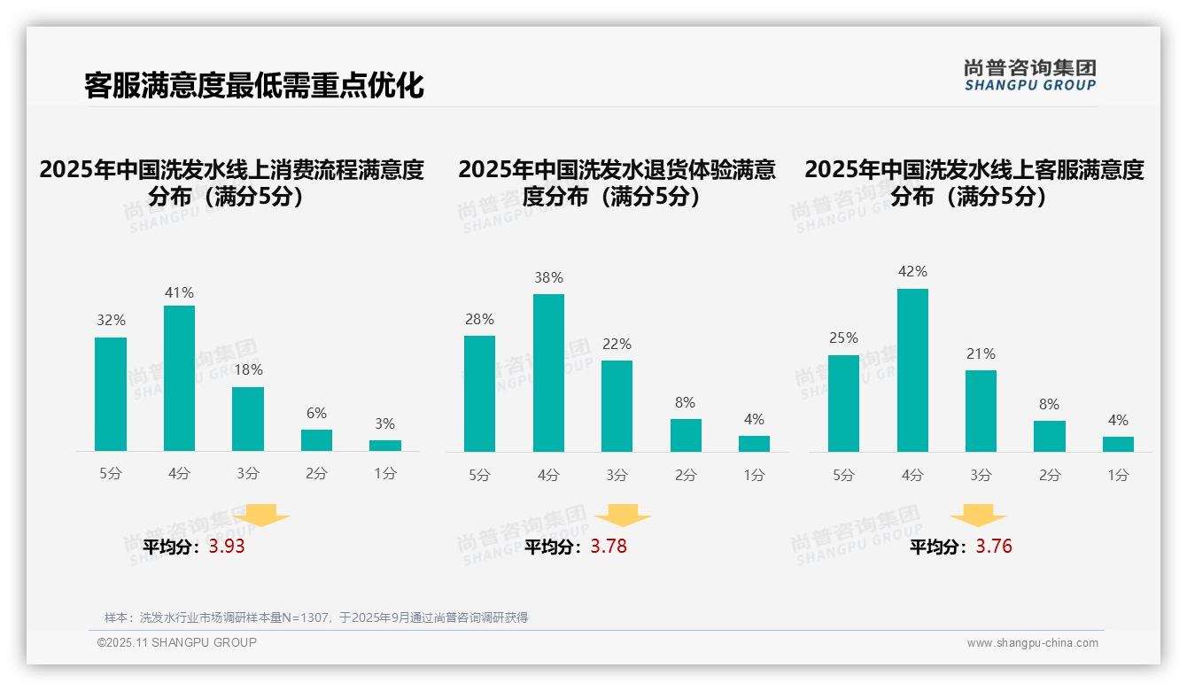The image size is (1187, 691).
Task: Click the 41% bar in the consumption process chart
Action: tap(179, 378)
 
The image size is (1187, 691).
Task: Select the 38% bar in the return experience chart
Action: tap(548, 373)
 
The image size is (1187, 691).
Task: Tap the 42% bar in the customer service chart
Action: tap(912, 370)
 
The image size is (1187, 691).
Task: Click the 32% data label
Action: tap(111, 321)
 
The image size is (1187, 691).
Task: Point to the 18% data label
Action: tap(248, 370)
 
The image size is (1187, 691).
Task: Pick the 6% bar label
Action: tap(316, 413)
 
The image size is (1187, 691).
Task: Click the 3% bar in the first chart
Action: tap(385, 445)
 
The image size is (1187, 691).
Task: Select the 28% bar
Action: tap(479, 393)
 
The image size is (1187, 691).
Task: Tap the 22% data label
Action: tap(617, 344)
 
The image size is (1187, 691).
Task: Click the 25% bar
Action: tap(843, 403)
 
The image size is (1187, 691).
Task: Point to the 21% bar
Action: tap(981, 410)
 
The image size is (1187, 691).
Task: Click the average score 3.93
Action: tap(227, 547)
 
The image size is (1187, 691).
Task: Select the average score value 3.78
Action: tap(609, 547)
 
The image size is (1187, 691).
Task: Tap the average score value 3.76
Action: tap(994, 547)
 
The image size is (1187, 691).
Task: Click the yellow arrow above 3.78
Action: tap(623, 515)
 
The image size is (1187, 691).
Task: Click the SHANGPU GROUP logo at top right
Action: tap(1029, 75)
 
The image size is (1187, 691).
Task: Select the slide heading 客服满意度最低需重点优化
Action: tap(254, 86)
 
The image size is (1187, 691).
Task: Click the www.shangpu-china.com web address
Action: tap(1032, 643)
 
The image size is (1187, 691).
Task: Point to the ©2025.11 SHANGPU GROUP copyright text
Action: tap(177, 642)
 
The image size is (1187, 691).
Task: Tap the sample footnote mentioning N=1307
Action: tap(316, 617)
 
